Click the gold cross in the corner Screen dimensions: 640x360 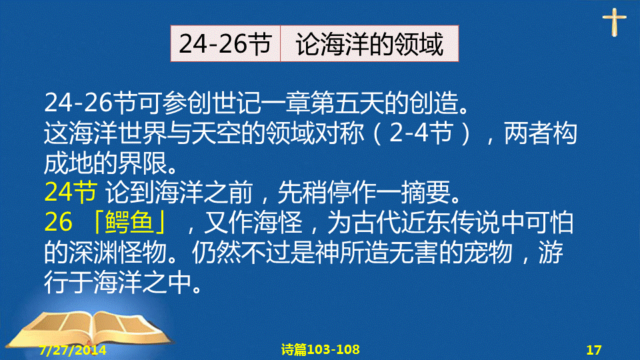click(x=614, y=22)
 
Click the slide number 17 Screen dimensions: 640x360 click(x=594, y=350)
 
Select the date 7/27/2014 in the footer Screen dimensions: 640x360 click(x=73, y=350)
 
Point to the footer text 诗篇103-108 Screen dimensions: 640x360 click(x=321, y=349)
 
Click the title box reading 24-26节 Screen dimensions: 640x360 click(x=225, y=44)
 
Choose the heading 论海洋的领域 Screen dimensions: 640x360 click(x=369, y=44)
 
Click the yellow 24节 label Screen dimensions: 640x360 click(x=71, y=192)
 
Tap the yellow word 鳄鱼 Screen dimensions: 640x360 click(x=129, y=223)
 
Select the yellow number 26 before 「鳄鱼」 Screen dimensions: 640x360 click(x=59, y=223)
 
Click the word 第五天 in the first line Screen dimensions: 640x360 click(x=347, y=103)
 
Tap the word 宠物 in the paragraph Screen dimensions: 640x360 click(x=488, y=252)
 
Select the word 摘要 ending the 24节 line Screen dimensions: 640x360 click(x=425, y=192)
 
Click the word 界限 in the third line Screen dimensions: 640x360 click(x=142, y=163)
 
